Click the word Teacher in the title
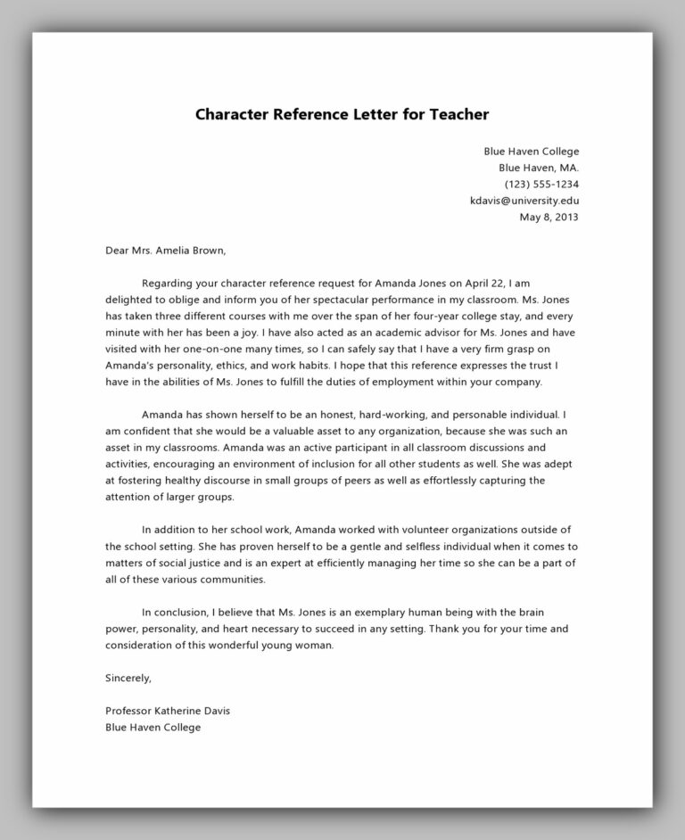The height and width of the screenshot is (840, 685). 450,115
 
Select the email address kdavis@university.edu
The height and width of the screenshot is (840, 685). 524,202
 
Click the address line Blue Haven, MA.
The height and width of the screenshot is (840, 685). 538,168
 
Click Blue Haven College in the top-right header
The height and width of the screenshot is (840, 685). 531,151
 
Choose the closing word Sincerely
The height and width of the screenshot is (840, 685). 128,678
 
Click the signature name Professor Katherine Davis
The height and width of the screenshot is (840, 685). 168,711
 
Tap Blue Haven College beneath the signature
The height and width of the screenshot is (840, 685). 153,727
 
